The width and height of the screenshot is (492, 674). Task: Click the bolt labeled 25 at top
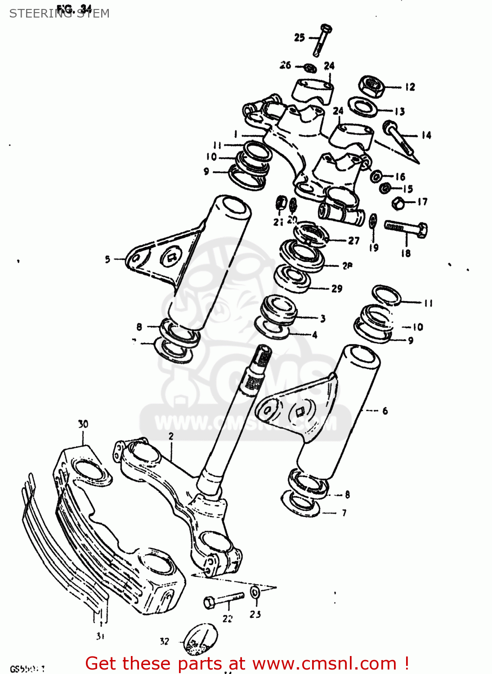pyautogui.click(x=322, y=40)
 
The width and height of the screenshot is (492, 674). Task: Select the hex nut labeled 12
pyautogui.click(x=371, y=86)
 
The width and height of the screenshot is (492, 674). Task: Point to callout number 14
pyautogui.click(x=426, y=135)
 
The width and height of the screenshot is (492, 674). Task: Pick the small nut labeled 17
pyautogui.click(x=398, y=203)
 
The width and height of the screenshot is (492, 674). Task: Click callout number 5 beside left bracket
pyautogui.click(x=107, y=259)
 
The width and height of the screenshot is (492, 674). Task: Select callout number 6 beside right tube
pyautogui.click(x=385, y=411)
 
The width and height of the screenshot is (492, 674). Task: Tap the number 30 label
pyautogui.click(x=83, y=424)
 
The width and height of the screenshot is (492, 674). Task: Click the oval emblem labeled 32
pyautogui.click(x=201, y=639)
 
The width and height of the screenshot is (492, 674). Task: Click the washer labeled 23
pyautogui.click(x=255, y=592)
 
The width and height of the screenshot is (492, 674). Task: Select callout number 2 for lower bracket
pyautogui.click(x=171, y=436)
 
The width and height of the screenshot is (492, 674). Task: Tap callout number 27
pyautogui.click(x=354, y=240)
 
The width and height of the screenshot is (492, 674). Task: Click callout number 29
pyautogui.click(x=337, y=288)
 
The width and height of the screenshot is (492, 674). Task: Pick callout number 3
pyautogui.click(x=322, y=319)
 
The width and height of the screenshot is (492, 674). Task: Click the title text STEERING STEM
pyautogui.click(x=59, y=13)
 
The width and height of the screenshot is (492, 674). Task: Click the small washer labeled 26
pyautogui.click(x=309, y=68)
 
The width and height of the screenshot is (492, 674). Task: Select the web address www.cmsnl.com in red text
pyautogui.click(x=324, y=663)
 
